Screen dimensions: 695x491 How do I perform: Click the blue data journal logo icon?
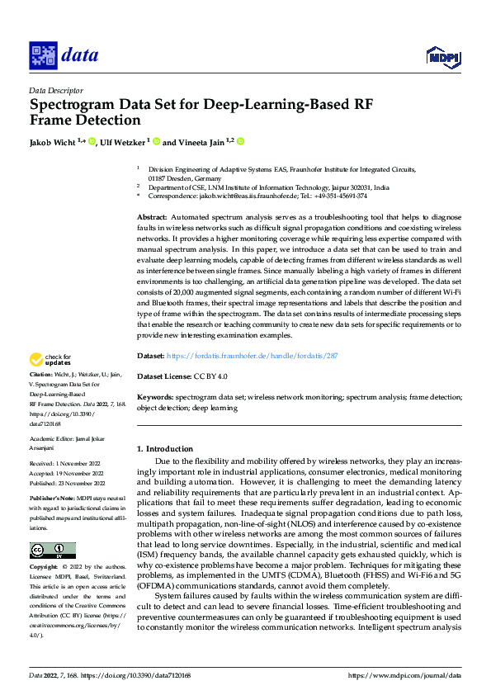pyautogui.click(x=43, y=55)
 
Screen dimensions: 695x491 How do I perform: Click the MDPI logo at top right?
pyautogui.click(x=443, y=55)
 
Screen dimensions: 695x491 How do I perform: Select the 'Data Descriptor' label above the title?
pyautogui.click(x=55, y=90)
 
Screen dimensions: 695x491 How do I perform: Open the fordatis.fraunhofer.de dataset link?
pyautogui.click(x=253, y=355)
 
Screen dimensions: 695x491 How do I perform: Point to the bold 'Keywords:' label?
pyautogui.click(x=154, y=396)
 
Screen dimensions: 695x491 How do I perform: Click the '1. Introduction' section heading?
pyautogui.click(x=165, y=449)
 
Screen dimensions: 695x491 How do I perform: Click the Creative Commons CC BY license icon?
pyautogui.click(x=53, y=551)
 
